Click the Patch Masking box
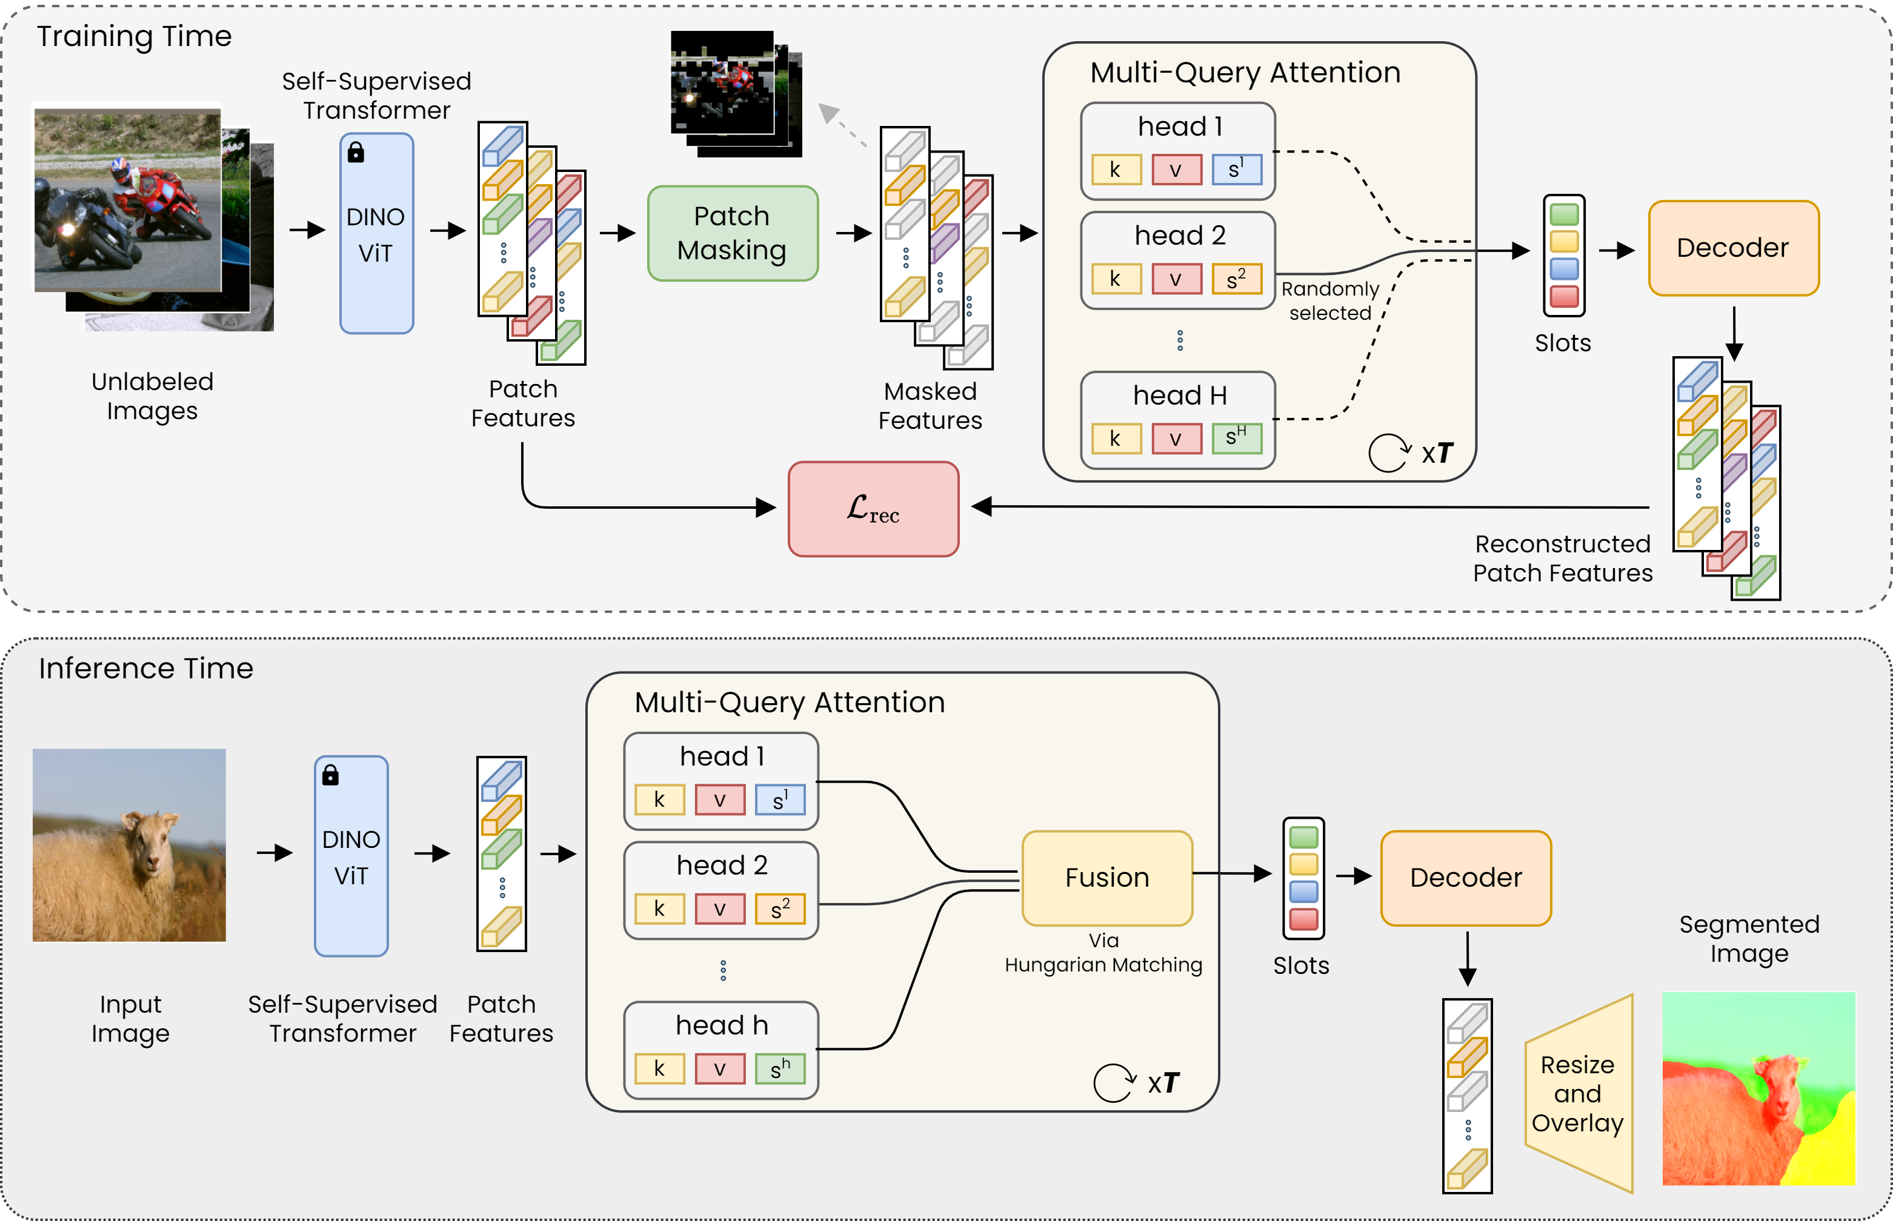732,233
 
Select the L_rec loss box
873,509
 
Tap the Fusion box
1107,878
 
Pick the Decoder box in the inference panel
1466,878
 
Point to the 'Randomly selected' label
1330,300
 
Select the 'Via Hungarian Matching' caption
1103,953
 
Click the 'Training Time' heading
134,36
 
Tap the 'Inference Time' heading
146,669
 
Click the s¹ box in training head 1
1236,169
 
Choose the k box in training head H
1116,438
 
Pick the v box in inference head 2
719,908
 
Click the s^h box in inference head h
780,1069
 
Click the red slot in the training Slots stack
1564,297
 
